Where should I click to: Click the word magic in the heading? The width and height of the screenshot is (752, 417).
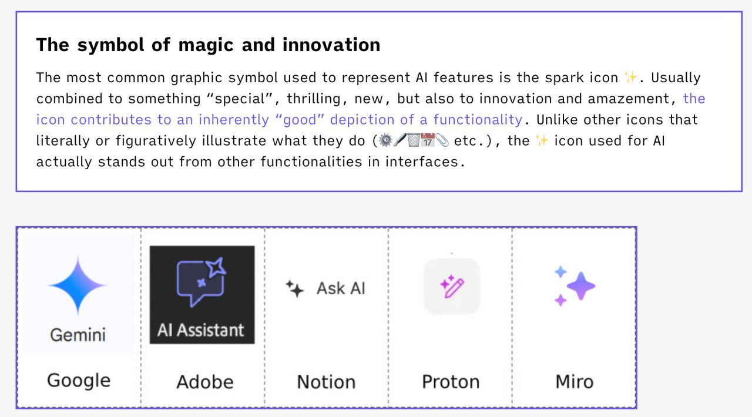point(206,45)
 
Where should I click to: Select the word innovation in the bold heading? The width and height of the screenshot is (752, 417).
point(331,45)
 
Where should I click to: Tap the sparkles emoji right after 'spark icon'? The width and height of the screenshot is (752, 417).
point(630,77)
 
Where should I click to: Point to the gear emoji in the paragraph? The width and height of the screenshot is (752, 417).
point(386,140)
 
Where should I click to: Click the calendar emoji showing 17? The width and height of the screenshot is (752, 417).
point(428,140)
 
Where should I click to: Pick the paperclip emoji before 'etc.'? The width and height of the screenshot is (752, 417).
point(442,140)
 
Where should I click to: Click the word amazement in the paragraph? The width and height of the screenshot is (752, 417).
point(629,99)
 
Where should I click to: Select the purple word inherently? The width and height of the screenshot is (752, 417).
point(234,120)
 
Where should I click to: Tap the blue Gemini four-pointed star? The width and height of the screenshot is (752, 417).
point(78,285)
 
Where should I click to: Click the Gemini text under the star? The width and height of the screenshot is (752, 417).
point(78,335)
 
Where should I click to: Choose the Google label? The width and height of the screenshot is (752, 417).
point(79,381)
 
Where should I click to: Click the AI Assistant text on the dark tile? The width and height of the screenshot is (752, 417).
point(201,330)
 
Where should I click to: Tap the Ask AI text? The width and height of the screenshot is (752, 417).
point(341,288)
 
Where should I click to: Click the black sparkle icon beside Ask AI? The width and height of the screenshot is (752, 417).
point(295,289)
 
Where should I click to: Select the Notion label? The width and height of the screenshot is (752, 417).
point(326,382)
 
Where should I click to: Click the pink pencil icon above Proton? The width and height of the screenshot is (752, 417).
point(452,287)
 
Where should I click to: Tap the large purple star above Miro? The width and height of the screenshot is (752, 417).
point(581,286)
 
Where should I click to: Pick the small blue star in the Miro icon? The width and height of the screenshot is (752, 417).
point(560,271)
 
